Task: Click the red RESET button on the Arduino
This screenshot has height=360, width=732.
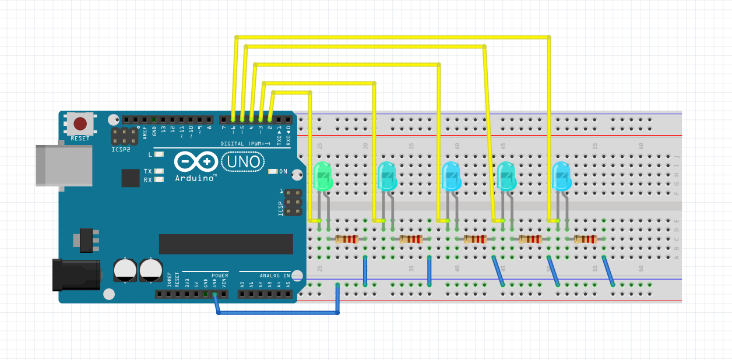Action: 80,123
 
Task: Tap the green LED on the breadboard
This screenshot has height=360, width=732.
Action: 322,177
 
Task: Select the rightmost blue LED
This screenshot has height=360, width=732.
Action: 561,177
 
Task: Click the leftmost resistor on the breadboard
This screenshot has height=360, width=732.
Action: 347,239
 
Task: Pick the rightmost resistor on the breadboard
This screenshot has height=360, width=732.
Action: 585,239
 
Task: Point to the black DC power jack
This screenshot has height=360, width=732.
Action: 76,274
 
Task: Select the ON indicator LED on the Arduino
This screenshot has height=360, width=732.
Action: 272,171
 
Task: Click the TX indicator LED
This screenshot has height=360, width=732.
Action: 159,171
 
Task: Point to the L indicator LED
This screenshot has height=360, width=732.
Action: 159,154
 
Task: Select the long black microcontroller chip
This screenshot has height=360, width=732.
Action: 226,244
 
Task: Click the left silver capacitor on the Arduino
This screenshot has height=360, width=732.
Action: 125,269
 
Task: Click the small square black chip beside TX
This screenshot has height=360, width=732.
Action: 131,178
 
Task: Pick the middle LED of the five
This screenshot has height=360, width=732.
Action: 451,177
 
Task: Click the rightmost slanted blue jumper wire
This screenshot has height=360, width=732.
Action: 608,271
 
